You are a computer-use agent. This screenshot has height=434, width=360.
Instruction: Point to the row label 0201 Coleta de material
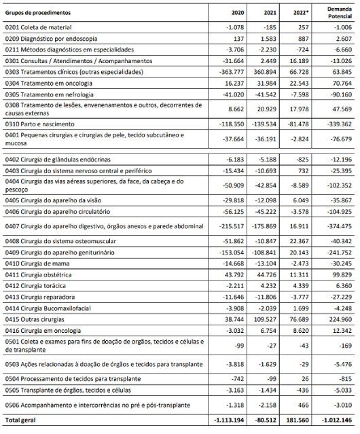pyautogui.click(x=37, y=26)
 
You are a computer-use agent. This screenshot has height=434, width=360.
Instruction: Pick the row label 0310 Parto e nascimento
pyautogui.click(x=41, y=125)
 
